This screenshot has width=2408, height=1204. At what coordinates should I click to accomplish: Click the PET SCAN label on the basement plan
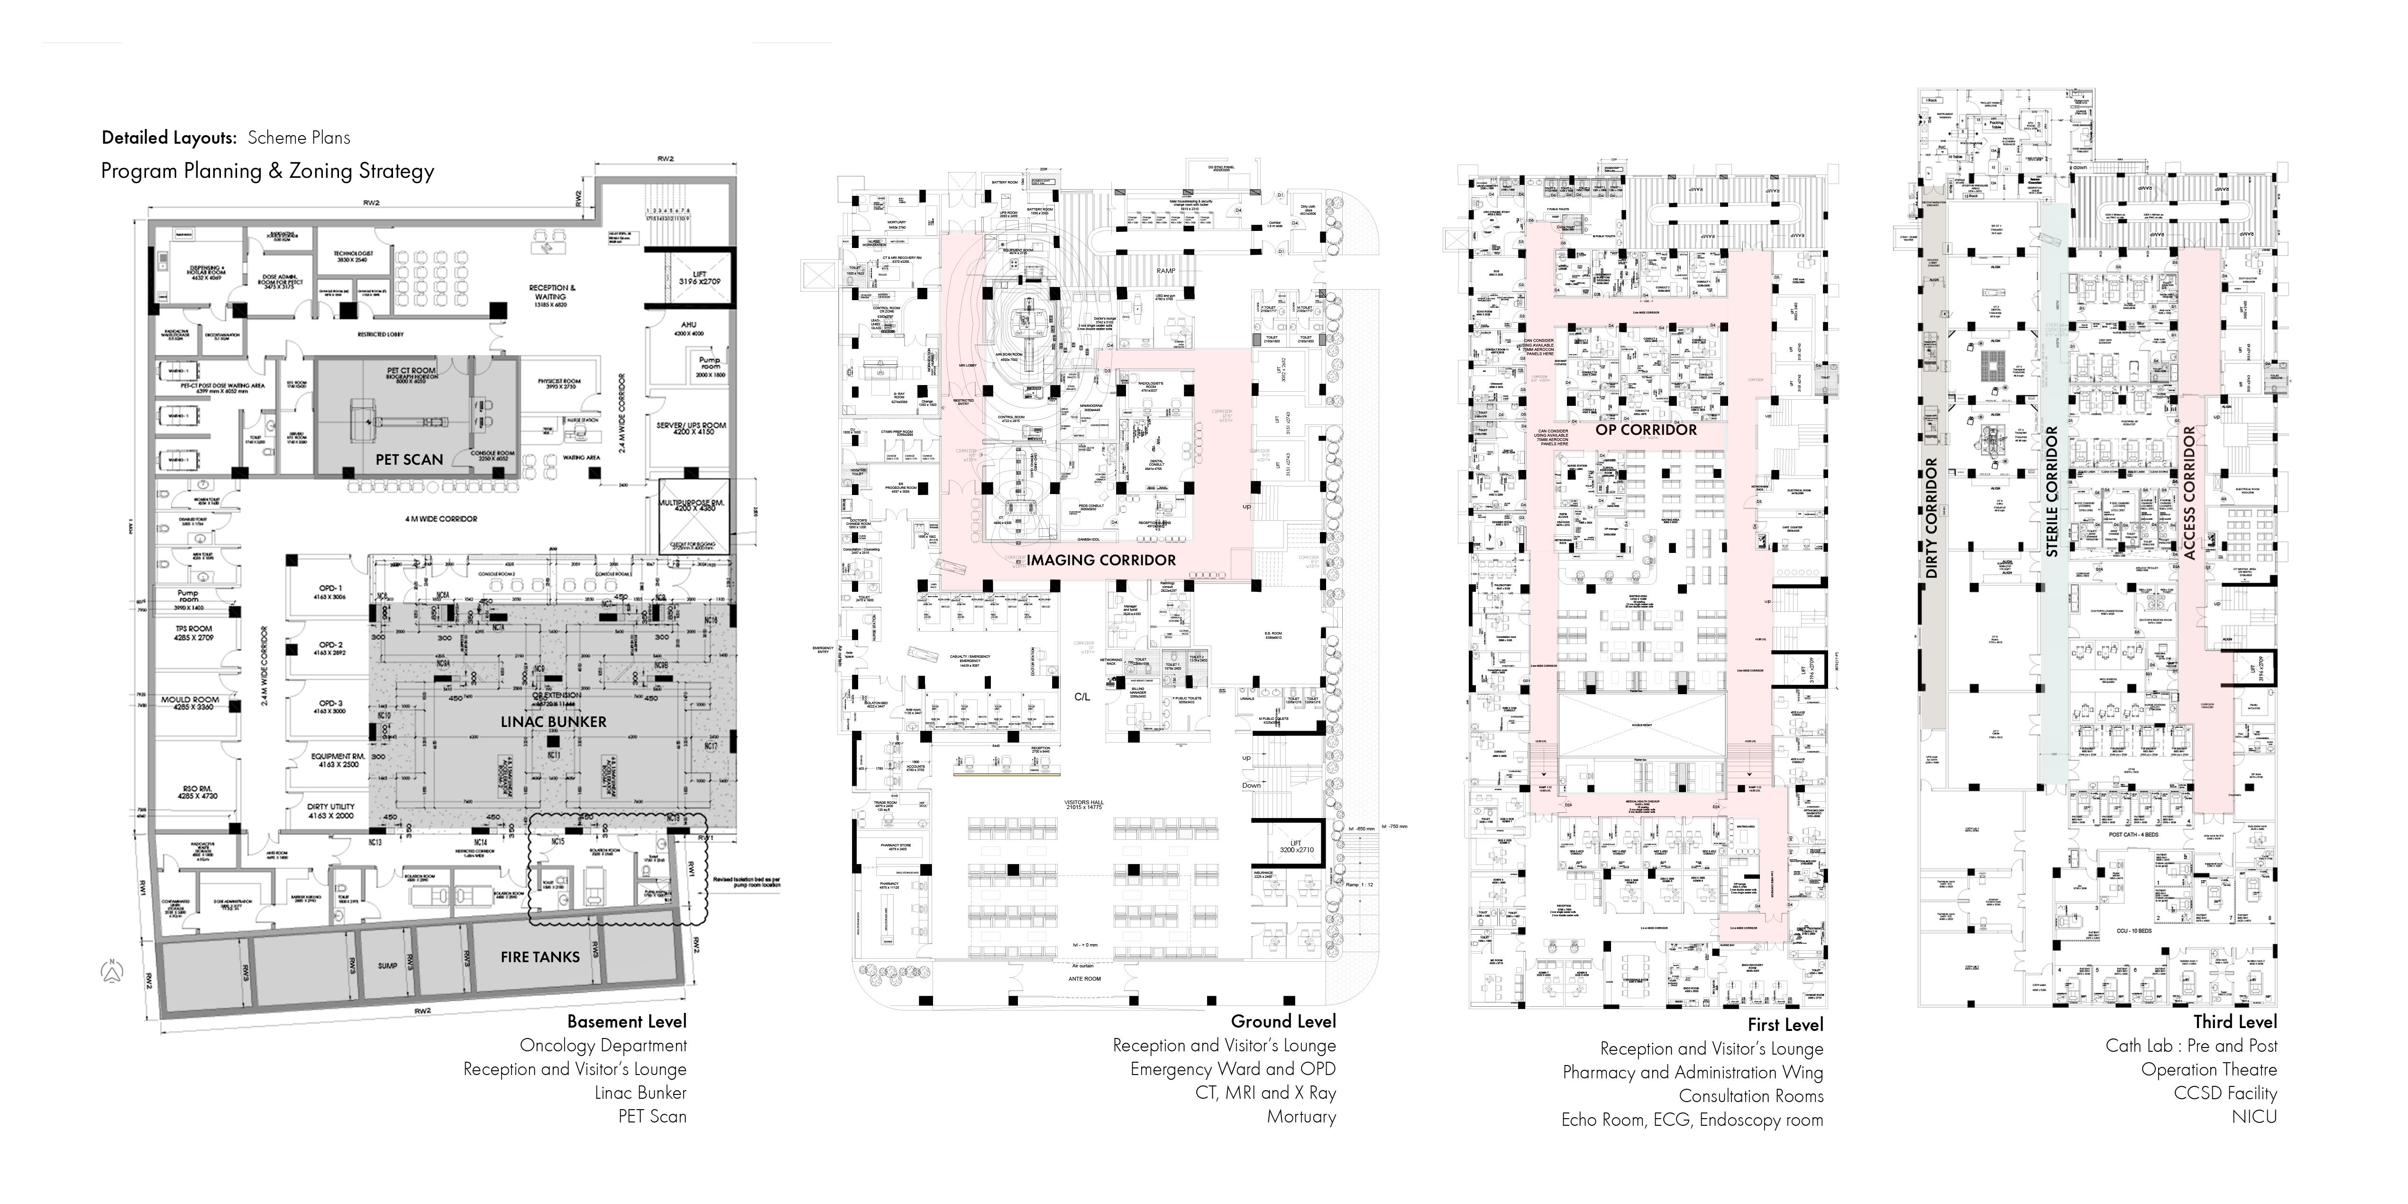pos(409,460)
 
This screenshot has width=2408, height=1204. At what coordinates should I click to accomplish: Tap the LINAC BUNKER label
pos(553,722)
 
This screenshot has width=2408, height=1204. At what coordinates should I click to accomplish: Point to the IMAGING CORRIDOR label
pos(1101,560)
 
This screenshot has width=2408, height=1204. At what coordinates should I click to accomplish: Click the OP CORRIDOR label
pos(1645,430)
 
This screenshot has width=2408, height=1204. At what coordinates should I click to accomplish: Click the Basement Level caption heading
pos(626,1022)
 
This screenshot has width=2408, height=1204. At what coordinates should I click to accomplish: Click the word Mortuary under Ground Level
pos(1301,1116)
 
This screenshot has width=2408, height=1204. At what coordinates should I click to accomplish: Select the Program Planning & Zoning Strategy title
pos(267,171)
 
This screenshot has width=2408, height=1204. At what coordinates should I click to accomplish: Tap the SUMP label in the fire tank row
pos(387,965)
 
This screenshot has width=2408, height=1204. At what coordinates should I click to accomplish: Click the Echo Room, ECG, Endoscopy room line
pos(1692,1120)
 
